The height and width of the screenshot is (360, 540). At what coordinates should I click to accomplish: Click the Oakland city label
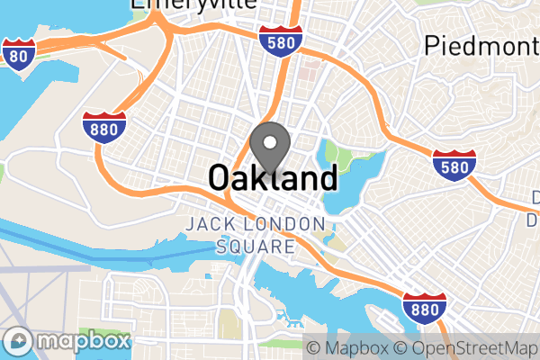tap(273, 177)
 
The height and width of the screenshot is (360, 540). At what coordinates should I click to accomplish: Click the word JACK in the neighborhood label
tap(209, 224)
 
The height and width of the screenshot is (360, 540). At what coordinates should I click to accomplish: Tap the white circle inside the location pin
tap(268, 141)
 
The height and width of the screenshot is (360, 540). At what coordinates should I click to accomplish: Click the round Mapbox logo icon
tap(20, 341)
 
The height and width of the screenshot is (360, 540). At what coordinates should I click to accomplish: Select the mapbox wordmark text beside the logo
tap(82, 341)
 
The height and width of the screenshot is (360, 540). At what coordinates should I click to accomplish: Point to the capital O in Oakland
tap(220, 177)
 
